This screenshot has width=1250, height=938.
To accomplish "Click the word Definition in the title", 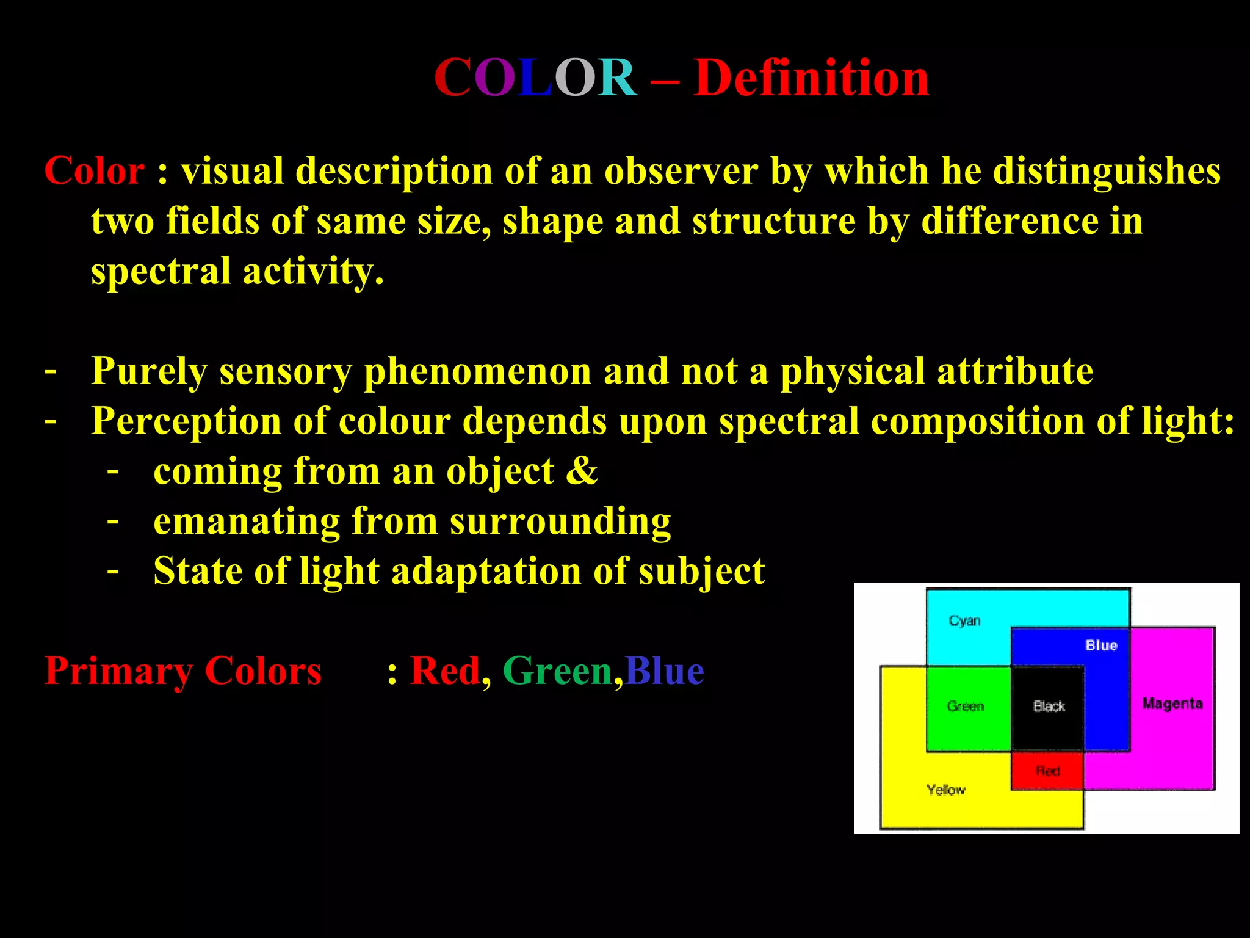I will click(x=811, y=78).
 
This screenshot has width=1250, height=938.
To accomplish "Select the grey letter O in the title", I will click(x=574, y=78).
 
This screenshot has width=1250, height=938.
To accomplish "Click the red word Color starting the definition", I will click(x=95, y=170).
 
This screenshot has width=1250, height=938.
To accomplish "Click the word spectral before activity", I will click(x=161, y=271).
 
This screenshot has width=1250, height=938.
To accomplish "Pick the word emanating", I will click(x=246, y=521).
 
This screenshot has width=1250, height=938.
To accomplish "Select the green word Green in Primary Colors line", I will click(x=557, y=671).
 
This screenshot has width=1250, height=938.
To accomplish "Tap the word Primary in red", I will click(x=118, y=671).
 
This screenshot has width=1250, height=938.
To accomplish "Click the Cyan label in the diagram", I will click(x=964, y=621).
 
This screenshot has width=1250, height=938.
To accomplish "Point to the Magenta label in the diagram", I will click(x=1172, y=703).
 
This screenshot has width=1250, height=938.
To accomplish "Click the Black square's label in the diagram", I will click(x=1049, y=707).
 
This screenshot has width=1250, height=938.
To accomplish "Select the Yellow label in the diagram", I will click(x=946, y=790).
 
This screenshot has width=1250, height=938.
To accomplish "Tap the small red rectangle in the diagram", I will click(x=1047, y=771).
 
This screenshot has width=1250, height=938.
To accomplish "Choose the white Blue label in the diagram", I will click(x=1101, y=645).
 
